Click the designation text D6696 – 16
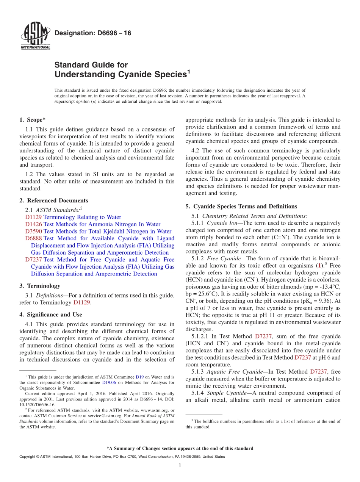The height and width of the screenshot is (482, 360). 93,33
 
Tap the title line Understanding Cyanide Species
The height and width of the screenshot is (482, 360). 121,75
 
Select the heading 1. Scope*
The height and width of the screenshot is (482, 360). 33,120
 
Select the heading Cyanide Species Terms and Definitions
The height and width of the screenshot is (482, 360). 245,207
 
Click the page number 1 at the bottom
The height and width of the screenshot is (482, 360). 180,466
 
